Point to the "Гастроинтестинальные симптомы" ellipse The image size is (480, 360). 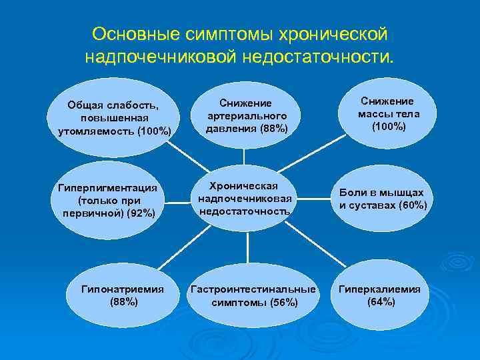pyautogui.click(x=254, y=295)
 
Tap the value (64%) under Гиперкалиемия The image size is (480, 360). pyautogui.click(x=381, y=302)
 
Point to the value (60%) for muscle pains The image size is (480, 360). pyautogui.click(x=412, y=205)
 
